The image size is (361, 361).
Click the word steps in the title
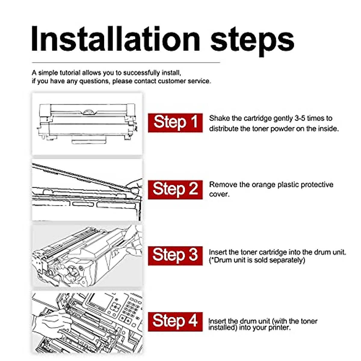point(252,41)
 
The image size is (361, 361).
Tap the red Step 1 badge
point(175,123)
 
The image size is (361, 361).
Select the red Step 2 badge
point(175,190)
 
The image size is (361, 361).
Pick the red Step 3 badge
point(175,256)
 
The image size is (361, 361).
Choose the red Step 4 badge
point(175,322)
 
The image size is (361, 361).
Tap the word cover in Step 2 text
point(219,194)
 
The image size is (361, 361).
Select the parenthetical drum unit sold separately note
point(257,260)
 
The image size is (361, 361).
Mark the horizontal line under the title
point(126,63)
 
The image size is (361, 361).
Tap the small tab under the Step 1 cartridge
point(89,140)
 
